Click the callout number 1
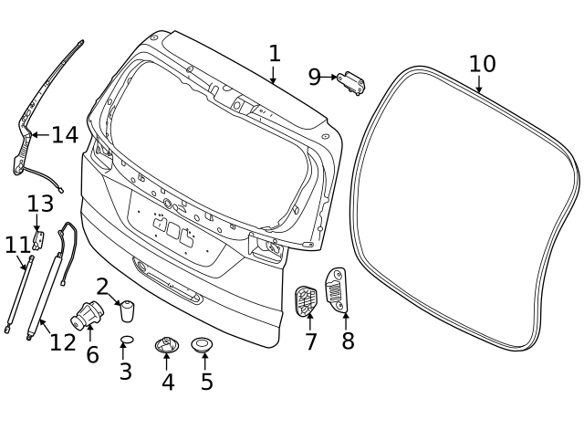click(275, 54)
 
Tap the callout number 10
click(483, 64)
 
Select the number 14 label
click(65, 135)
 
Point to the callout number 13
click(40, 204)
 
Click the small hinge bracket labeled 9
click(351, 83)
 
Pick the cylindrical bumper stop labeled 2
click(128, 310)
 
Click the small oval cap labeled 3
click(127, 340)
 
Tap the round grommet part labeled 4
click(166, 345)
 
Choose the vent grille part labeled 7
click(307, 301)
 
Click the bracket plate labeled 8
click(337, 289)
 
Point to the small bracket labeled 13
click(38, 240)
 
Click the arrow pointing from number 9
click(329, 78)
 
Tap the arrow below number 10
click(479, 84)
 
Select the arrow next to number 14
click(40, 134)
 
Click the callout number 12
click(63, 342)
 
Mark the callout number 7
click(311, 341)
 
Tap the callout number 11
click(17, 246)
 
